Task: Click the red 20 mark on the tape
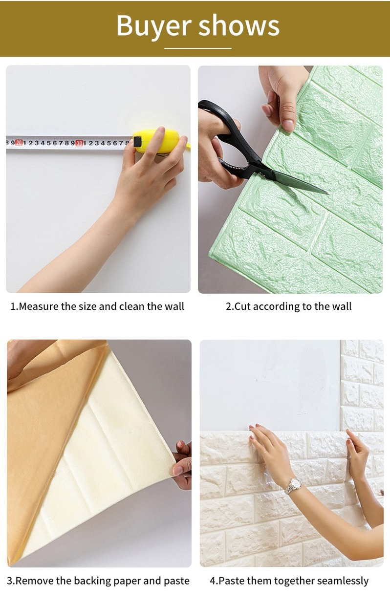[19, 143]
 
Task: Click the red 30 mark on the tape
[79, 143]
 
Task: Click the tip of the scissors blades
[326, 192]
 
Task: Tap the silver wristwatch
[293, 485]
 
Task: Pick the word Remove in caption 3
[34, 581]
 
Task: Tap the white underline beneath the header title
[197, 48]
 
